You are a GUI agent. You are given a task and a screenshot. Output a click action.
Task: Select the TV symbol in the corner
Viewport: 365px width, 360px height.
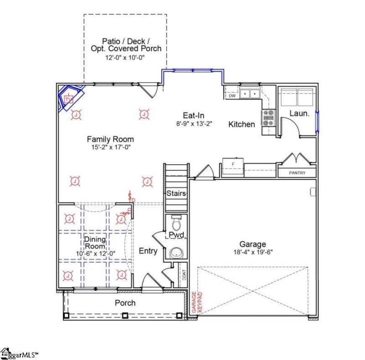(68, 99)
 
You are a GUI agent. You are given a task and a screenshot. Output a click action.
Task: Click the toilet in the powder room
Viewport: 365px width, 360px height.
(176, 223)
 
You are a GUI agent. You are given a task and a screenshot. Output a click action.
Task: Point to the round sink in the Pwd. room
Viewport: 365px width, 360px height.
(176, 253)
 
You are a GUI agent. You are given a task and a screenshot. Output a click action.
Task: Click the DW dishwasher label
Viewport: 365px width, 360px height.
(232, 96)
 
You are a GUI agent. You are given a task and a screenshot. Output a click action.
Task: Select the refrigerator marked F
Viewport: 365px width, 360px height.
(233, 163)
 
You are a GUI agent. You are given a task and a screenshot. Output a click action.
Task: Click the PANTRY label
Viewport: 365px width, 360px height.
(297, 173)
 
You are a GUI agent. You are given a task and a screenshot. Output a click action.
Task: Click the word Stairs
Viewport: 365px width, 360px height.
(176, 193)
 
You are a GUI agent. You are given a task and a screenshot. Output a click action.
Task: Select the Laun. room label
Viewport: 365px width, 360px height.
(300, 113)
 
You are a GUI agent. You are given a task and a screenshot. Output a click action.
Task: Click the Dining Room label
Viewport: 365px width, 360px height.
(95, 243)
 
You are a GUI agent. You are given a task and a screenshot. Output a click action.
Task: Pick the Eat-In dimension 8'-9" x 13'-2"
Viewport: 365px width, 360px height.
(195, 123)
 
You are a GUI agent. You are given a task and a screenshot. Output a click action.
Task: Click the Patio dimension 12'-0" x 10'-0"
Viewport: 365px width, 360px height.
(125, 58)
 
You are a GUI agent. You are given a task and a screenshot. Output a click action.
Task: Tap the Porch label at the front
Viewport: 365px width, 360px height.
(125, 302)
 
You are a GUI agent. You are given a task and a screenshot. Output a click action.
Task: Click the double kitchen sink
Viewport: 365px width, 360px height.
(250, 94)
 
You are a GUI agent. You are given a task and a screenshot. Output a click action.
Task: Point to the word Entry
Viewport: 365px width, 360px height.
(148, 251)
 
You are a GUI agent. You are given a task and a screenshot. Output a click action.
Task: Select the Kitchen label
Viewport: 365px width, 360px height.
(241, 124)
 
